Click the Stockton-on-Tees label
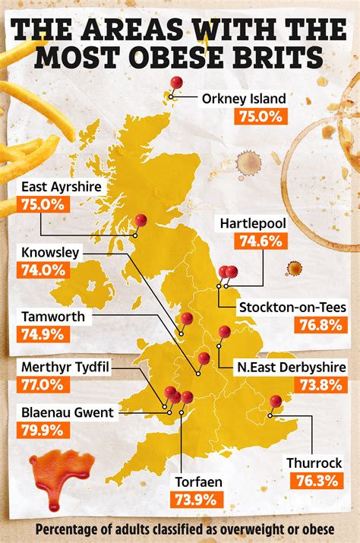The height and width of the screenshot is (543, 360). [292, 308]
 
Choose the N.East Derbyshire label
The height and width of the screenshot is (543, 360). [291, 367]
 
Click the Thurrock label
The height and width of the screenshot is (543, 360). [314, 462]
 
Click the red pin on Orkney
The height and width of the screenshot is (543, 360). [176, 84]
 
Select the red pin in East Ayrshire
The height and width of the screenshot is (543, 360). [141, 220]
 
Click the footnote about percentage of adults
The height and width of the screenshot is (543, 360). [180, 529]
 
